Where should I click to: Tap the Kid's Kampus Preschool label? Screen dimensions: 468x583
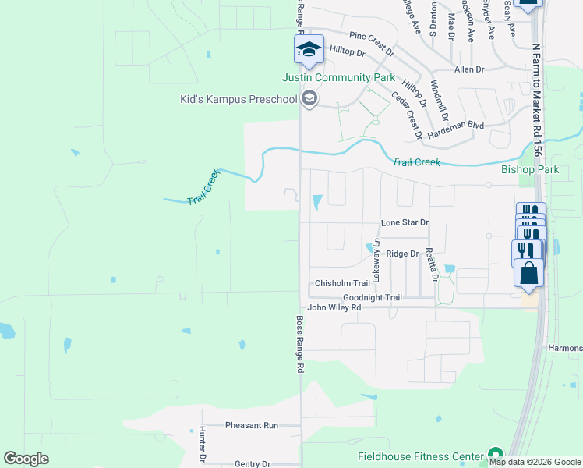(238, 99)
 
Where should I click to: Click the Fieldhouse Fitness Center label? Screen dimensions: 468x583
(420, 456)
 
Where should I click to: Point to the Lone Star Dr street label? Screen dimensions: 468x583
(405, 222)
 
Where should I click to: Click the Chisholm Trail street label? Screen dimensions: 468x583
(341, 283)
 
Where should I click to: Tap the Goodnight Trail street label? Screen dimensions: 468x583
(373, 297)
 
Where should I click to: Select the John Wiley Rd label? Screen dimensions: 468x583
(334, 307)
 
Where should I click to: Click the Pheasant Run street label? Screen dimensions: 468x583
(252, 425)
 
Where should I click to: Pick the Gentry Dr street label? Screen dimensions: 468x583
(252, 463)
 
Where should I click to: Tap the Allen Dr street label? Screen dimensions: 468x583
(469, 69)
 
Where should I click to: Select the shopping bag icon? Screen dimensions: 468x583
(528, 274)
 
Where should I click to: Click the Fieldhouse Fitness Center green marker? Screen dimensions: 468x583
(494, 455)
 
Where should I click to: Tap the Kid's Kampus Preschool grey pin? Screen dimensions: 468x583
(309, 98)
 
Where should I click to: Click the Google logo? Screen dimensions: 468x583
(26, 459)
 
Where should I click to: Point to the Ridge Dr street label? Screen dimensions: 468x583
(402, 253)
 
